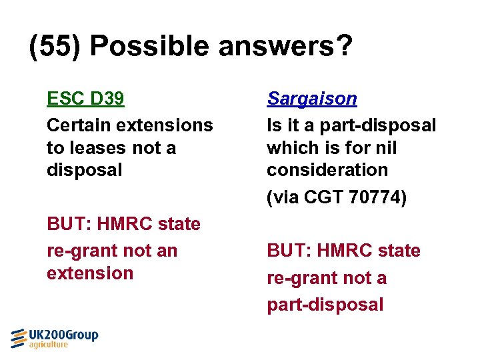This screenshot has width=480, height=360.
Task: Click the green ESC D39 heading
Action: [85, 99]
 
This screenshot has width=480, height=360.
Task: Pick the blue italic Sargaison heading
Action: [311, 99]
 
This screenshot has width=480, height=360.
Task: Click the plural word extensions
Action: [167, 125]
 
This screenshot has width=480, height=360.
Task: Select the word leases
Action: [97, 147]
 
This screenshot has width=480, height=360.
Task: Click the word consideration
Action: [327, 170]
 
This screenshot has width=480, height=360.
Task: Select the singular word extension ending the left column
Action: [90, 273]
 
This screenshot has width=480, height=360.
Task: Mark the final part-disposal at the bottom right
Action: [325, 305]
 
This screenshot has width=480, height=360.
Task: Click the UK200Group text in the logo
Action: [63, 335]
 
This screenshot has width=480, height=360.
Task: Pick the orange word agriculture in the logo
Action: [48, 345]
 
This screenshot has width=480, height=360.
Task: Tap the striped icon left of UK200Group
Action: [19, 338]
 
